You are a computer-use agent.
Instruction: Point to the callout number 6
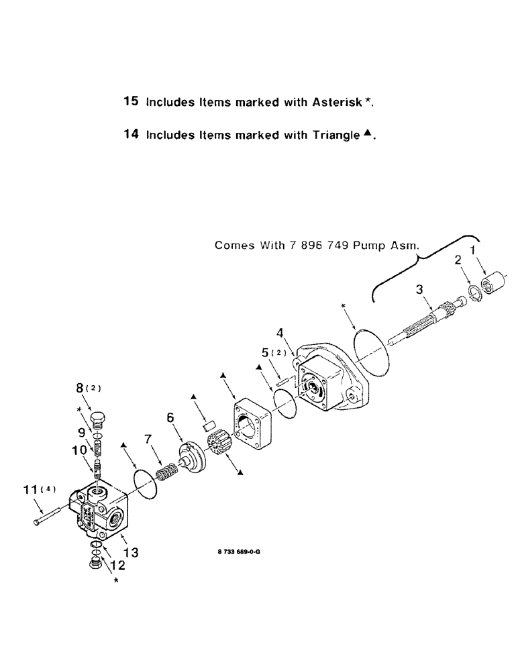pos(170,417)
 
